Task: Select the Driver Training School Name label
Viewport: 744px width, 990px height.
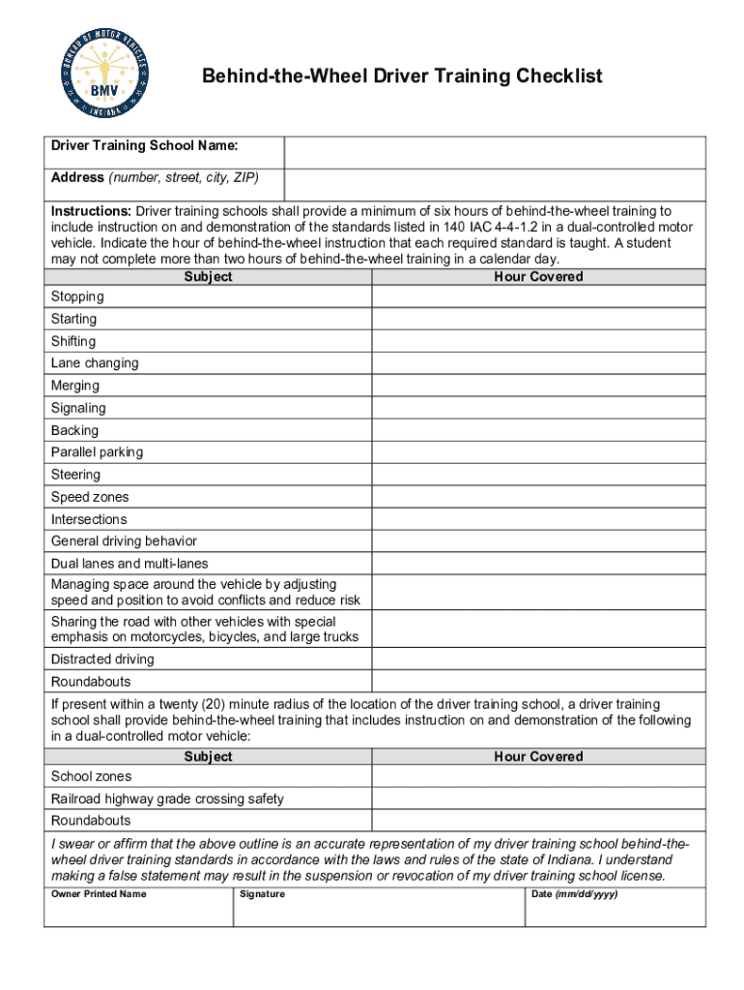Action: [x=145, y=146]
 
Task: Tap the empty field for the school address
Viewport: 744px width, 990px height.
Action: [x=495, y=183]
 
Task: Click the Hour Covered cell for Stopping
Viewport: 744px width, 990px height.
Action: [x=538, y=297]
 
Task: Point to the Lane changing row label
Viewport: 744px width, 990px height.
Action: [x=95, y=364]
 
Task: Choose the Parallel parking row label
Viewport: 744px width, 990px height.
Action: [x=97, y=452]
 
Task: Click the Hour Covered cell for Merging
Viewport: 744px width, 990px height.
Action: [x=538, y=386]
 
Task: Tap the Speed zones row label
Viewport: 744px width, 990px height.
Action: [x=90, y=497]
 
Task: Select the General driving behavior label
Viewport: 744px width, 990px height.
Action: [x=124, y=541]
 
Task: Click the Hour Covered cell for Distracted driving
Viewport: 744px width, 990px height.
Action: [x=538, y=659]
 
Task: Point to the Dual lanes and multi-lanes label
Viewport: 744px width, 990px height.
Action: [x=129, y=564]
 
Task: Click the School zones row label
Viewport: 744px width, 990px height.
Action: [x=91, y=776]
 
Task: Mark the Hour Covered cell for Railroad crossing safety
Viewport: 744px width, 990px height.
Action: [x=538, y=799]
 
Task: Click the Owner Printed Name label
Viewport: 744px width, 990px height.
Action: [x=99, y=894]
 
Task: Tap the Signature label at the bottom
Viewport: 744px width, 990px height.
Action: [x=263, y=894]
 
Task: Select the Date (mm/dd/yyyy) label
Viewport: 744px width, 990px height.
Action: [x=575, y=894]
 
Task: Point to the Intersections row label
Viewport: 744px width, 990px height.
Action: [x=89, y=519]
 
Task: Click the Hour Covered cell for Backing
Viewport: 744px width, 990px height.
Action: [x=538, y=430]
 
